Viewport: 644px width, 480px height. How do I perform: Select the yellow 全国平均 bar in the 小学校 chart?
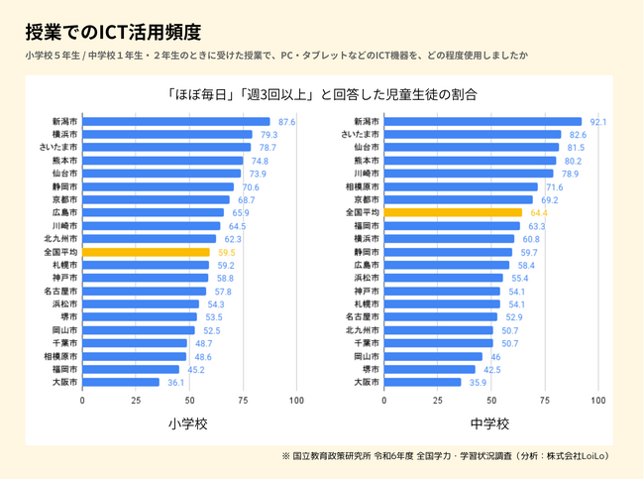[x=146, y=252]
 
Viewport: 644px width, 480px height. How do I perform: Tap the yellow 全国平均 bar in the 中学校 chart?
[x=452, y=212]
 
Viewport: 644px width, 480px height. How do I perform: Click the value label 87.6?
[x=287, y=122]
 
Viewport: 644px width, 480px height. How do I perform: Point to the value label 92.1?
[x=597, y=122]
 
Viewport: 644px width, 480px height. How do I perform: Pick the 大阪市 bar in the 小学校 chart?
[x=121, y=382]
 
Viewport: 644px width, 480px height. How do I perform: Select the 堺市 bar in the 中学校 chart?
[x=428, y=369]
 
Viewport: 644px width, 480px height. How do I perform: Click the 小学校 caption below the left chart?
[x=188, y=423]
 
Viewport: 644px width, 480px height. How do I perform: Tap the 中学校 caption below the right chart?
[x=489, y=423]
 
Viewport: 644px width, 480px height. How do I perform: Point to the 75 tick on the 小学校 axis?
[x=243, y=400]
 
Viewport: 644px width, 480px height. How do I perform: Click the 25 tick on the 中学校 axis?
[x=437, y=400]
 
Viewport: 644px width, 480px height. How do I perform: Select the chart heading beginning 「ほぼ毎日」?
[x=322, y=95]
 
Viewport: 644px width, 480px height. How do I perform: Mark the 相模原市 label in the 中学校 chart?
[x=363, y=186]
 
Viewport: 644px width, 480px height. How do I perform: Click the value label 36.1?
[x=176, y=382]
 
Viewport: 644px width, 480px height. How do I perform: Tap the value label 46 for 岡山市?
[x=495, y=356]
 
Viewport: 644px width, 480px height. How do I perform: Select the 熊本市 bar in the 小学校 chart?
[x=162, y=161]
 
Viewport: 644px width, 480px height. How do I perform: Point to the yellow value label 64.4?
[x=539, y=212]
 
